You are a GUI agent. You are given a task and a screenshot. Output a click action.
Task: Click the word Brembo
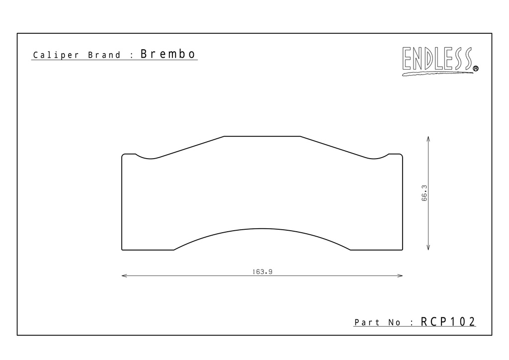point(168,54)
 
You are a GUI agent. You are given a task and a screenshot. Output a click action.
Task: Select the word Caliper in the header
point(56,55)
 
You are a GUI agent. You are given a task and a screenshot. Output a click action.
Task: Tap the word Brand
point(104,55)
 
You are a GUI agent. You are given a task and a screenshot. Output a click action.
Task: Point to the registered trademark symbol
point(476,69)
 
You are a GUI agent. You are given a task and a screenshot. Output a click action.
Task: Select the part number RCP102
point(448,322)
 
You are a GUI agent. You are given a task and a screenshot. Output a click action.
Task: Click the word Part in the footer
point(367,322)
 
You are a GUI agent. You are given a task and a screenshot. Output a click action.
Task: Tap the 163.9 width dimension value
point(262,271)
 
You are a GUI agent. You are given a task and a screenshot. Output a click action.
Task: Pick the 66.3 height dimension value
point(424,193)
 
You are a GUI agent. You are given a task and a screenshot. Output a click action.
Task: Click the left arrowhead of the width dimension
point(124,276)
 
